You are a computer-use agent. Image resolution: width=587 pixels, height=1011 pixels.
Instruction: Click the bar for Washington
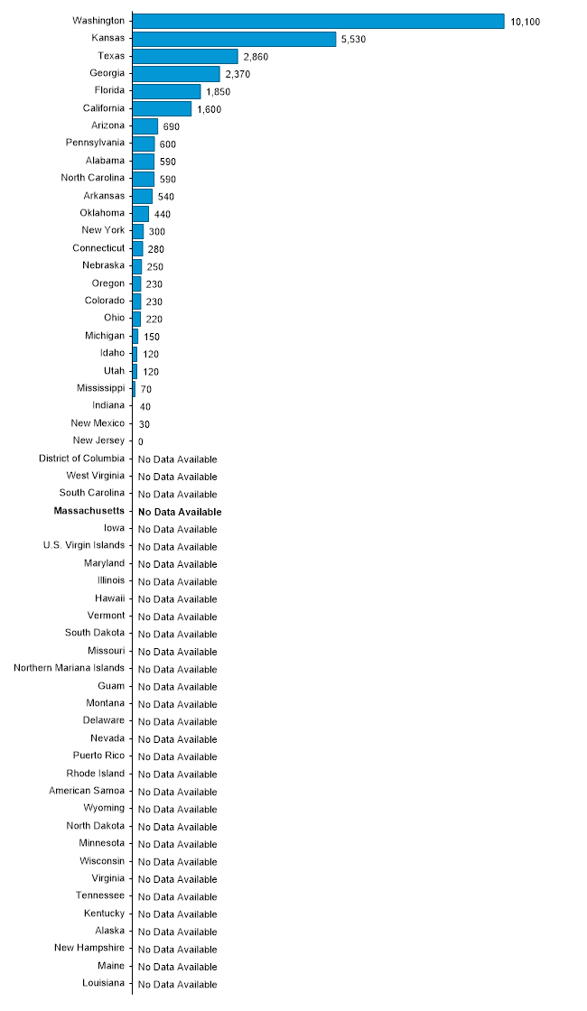pyautogui.click(x=318, y=21)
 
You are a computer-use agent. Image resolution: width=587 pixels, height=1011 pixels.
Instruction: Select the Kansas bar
pyautogui.click(x=234, y=39)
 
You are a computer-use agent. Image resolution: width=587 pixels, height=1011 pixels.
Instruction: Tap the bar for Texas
pyautogui.click(x=185, y=56)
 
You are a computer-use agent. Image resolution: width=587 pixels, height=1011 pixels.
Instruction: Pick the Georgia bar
pyautogui.click(x=176, y=74)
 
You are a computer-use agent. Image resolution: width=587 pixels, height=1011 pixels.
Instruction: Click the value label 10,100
pyautogui.click(x=525, y=22)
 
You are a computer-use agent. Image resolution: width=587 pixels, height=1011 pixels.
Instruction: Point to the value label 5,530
pyautogui.click(x=353, y=40)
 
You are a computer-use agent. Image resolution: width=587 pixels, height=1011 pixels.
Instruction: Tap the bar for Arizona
pyautogui.click(x=145, y=126)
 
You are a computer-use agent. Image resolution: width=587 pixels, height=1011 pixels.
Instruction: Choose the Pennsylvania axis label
pyautogui.click(x=96, y=143)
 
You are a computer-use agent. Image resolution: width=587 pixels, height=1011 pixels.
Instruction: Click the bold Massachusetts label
pyautogui.click(x=89, y=511)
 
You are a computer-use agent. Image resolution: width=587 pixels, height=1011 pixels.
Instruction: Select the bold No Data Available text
pyautogui.click(x=180, y=512)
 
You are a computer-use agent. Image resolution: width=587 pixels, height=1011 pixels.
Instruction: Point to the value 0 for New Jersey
pyautogui.click(x=141, y=442)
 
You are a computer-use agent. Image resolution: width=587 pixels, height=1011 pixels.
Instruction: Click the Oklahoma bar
pyautogui.click(x=141, y=214)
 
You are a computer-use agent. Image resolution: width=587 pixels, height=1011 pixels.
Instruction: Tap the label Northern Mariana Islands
pyautogui.click(x=70, y=668)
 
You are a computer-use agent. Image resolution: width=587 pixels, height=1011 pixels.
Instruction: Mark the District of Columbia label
pyautogui.click(x=82, y=459)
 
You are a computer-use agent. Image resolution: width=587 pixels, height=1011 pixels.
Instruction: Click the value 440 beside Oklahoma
pyautogui.click(x=163, y=215)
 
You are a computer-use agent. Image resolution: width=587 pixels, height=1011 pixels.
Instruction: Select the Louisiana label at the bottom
pyautogui.click(x=104, y=983)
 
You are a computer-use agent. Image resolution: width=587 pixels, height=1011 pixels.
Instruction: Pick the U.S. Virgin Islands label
pyautogui.click(x=84, y=545)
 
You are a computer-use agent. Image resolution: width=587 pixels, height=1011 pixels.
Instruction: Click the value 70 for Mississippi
pyautogui.click(x=146, y=389)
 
